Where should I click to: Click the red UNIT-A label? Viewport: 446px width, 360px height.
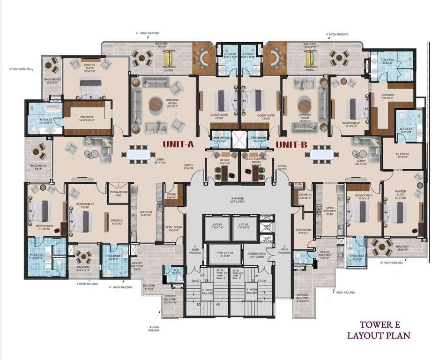(x=178, y=144)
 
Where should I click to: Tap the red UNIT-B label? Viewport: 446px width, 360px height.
(x=291, y=144)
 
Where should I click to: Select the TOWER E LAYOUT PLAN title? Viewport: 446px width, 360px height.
(x=379, y=330)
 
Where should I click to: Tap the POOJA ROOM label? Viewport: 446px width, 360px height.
(x=115, y=193)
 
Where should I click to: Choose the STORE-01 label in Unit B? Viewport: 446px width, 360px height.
(x=305, y=196)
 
